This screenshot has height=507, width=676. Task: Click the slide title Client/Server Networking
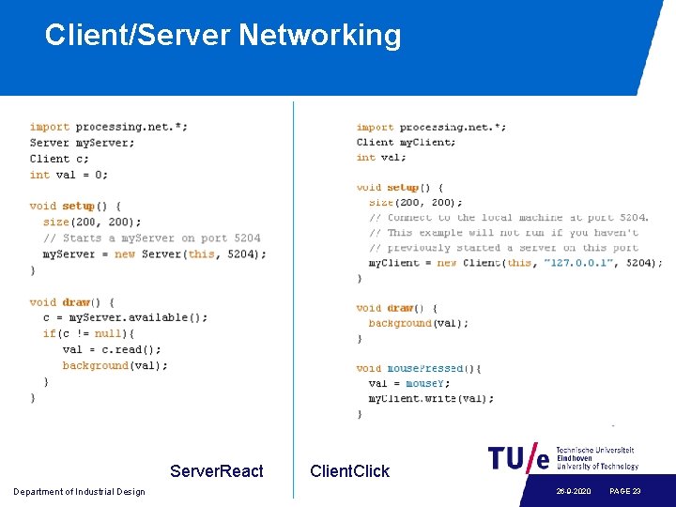(x=223, y=36)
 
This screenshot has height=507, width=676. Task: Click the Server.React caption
(x=217, y=471)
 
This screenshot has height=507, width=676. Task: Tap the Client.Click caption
(x=349, y=471)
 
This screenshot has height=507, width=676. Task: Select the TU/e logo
(x=518, y=458)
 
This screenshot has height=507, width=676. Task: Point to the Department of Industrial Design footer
(x=79, y=492)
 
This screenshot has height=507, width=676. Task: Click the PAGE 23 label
(x=624, y=492)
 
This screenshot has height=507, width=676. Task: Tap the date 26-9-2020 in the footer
(x=573, y=492)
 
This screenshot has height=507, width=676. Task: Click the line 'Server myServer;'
(x=82, y=143)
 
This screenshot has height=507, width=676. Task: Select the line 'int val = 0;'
(x=69, y=175)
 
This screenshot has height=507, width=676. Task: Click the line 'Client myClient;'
(x=406, y=143)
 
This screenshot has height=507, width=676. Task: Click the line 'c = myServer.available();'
(x=126, y=317)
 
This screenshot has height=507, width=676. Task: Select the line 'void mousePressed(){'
(x=419, y=369)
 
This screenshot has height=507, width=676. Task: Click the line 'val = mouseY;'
(x=409, y=383)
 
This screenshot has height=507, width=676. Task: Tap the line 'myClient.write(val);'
(x=431, y=398)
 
